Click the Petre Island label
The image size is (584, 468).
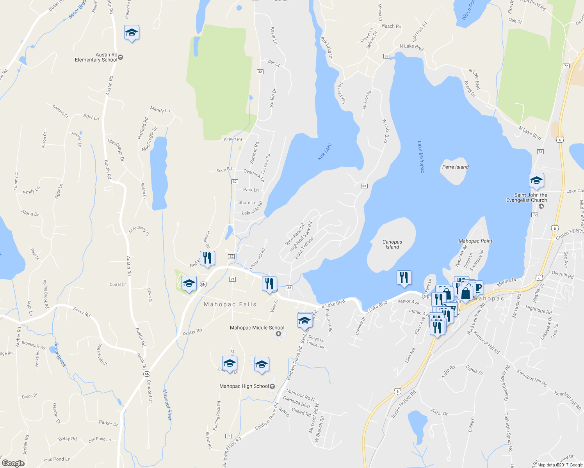pos(455,167)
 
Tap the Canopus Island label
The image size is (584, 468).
pos(392,245)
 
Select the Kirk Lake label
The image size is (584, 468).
pos(324,151)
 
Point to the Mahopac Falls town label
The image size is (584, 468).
pos(230,304)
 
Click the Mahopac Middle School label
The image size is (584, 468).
pos(257,328)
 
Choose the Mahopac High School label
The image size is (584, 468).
pos(244,386)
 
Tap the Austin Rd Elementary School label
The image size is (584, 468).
pos(96,57)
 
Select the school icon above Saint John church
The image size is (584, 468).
pos(536,181)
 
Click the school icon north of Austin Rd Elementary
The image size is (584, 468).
pos(132,33)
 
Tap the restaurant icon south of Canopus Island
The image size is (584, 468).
pos(404,278)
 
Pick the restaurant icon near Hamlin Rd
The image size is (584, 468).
pos(207,258)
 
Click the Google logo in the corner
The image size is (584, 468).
pos(13,463)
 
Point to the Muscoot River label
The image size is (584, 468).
pos(167,404)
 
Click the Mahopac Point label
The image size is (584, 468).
pos(475,241)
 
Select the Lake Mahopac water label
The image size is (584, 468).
pos(420,157)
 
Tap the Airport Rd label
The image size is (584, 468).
pos(233,139)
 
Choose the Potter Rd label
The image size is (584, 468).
pos(192,332)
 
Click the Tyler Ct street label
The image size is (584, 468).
pos(272,62)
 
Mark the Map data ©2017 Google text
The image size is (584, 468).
pos(560,465)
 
